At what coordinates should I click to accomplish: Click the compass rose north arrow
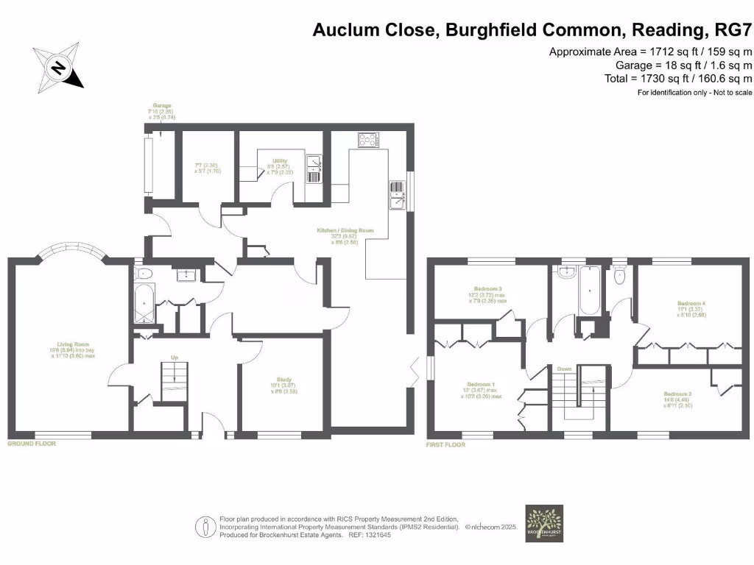[58, 67]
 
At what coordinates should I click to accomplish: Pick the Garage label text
[161, 106]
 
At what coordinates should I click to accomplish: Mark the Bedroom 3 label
[489, 288]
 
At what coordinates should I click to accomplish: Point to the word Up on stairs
[175, 358]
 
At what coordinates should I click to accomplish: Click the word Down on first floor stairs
[565, 369]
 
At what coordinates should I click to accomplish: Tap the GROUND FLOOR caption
[32, 444]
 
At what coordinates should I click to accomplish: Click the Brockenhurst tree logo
[543, 523]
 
